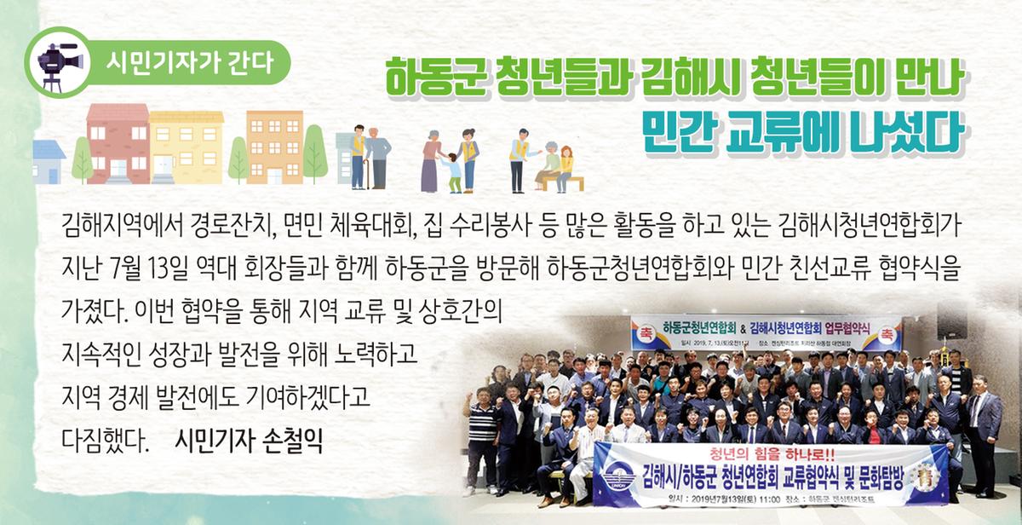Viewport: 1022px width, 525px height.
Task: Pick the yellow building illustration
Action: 186,147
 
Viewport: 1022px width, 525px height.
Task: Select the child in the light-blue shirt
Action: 451,170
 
